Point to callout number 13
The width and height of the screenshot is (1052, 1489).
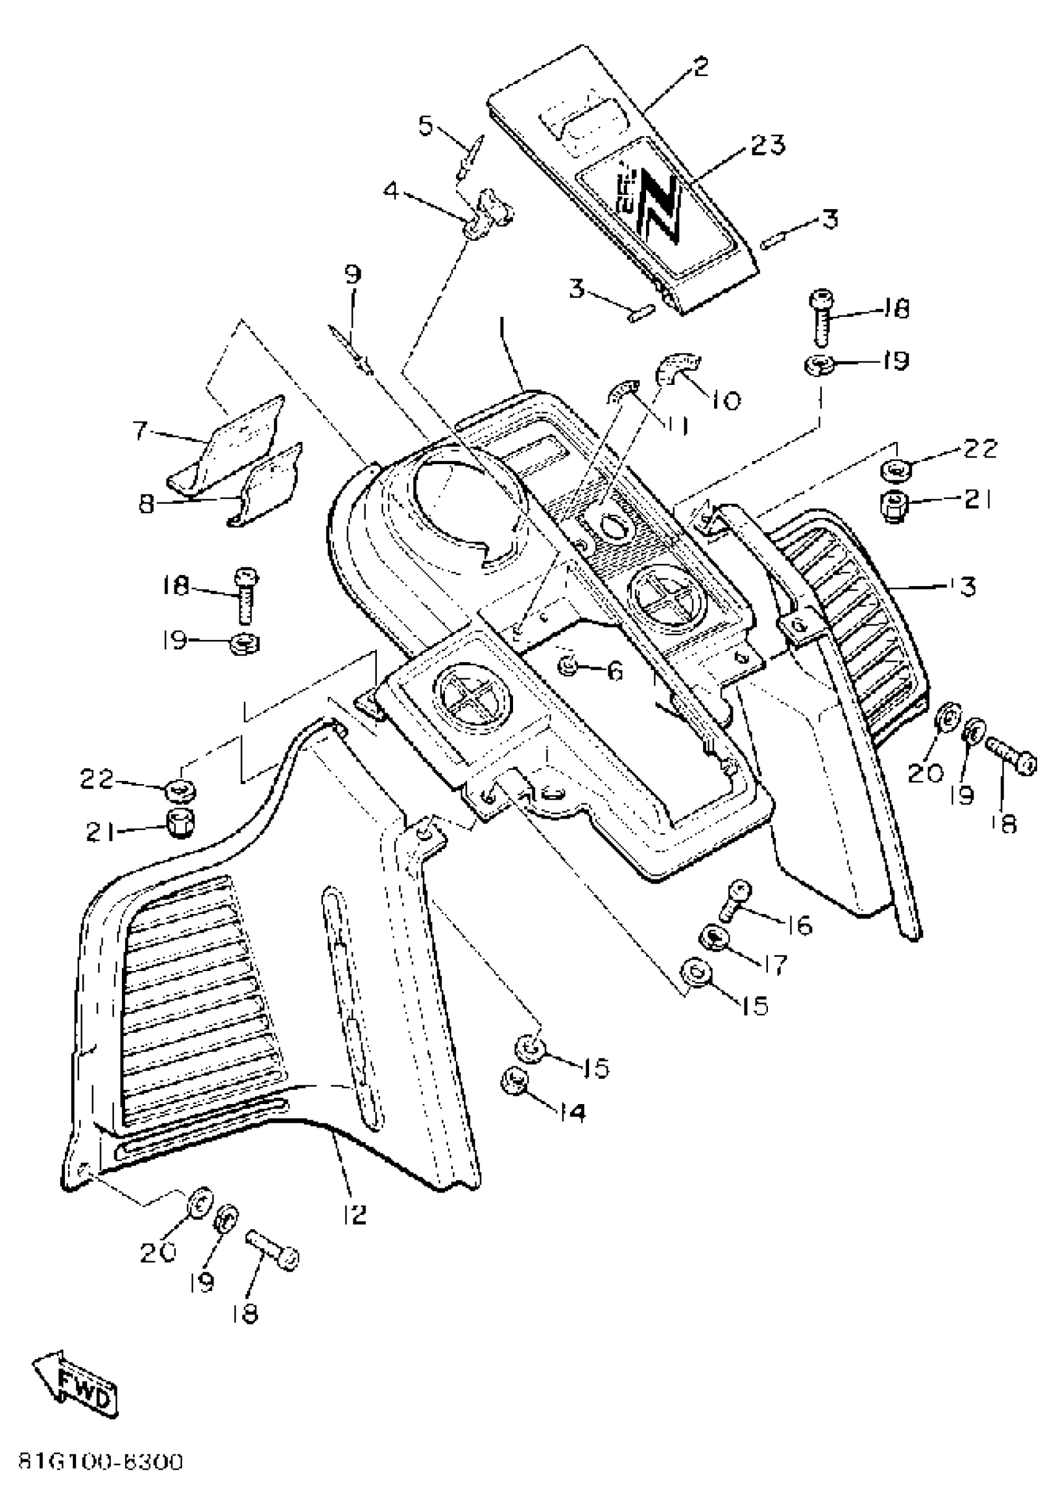tap(966, 587)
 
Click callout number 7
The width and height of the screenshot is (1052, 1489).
tap(140, 430)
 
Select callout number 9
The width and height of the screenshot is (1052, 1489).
tap(351, 275)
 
